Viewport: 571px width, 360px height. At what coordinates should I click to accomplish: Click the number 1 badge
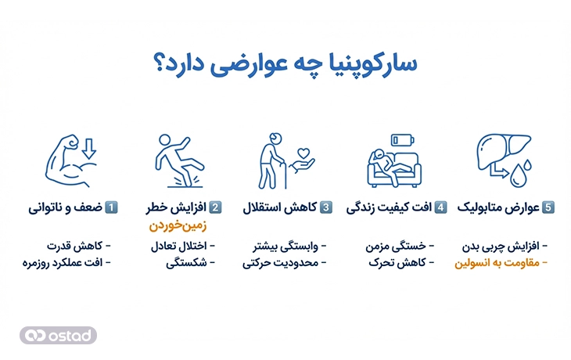click(x=112, y=208)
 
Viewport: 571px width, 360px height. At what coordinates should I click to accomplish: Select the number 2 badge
click(x=216, y=208)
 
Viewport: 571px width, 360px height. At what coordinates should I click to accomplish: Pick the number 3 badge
click(x=327, y=208)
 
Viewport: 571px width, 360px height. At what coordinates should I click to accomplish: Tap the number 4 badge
click(x=441, y=208)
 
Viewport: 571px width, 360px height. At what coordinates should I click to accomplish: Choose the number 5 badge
click(x=548, y=208)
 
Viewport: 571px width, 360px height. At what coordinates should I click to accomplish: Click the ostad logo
click(x=59, y=335)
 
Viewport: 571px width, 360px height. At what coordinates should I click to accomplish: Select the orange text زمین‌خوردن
click(x=181, y=227)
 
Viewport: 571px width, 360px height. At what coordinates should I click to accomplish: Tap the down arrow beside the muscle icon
click(x=89, y=147)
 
